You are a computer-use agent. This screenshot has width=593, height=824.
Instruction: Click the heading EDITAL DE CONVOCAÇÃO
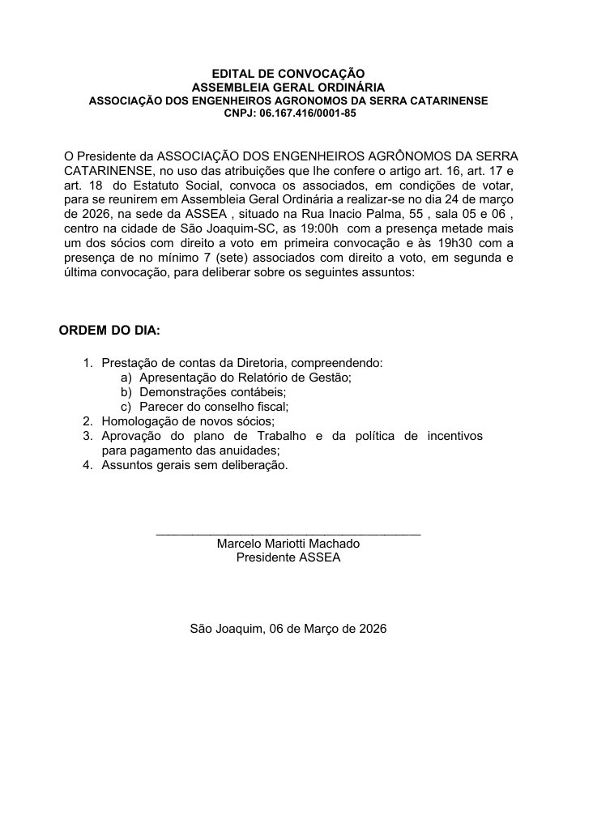[x=288, y=74]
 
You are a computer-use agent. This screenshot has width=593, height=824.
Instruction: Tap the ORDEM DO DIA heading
[x=109, y=331]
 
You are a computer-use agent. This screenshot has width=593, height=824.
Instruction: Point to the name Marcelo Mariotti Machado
[x=288, y=544]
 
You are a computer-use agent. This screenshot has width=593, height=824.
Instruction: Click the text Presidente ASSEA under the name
[x=288, y=557]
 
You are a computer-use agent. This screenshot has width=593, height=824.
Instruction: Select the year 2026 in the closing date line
[x=372, y=628]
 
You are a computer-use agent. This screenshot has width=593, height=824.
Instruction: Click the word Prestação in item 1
[x=130, y=363]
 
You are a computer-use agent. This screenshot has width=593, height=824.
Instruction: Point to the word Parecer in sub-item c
[x=160, y=407]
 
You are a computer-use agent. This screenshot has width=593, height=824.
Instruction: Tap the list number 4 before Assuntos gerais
[x=87, y=465]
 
